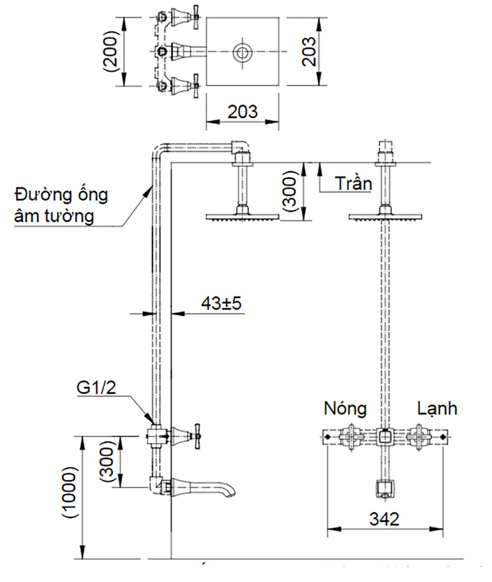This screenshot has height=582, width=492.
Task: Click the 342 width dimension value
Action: (x=385, y=519)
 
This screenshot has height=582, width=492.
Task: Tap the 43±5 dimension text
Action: (x=221, y=303)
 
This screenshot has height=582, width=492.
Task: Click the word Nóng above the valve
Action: (x=345, y=408)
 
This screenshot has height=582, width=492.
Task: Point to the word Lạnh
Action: (x=437, y=408)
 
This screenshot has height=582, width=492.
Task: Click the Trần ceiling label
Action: (x=353, y=183)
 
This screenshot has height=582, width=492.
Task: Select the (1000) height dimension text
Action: (x=70, y=493)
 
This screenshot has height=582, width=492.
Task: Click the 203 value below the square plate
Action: (x=242, y=112)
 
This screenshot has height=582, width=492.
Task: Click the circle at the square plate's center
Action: (x=242, y=52)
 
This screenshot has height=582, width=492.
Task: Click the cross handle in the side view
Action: (x=197, y=435)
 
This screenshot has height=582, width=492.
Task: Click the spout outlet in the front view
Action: (x=385, y=488)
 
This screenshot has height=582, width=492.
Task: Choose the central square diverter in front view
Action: (x=385, y=436)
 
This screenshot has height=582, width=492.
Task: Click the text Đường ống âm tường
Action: (x=61, y=205)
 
